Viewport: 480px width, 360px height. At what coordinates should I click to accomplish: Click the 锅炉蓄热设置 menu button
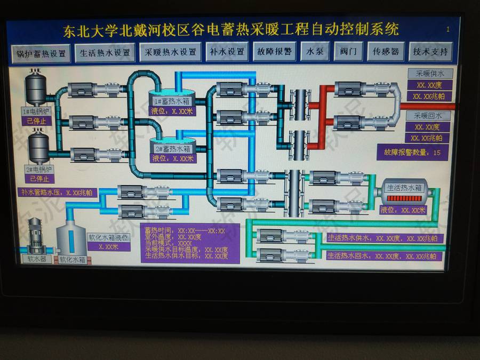pos(41,53)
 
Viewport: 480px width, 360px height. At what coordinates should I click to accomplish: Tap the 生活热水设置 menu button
pos(105,53)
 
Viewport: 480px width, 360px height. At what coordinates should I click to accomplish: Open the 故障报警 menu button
pos(274,52)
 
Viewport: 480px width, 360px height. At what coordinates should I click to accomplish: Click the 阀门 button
pos(348,52)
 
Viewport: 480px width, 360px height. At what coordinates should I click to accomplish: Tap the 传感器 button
pos(386,52)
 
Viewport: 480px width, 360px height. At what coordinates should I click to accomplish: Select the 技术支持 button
pos(430,52)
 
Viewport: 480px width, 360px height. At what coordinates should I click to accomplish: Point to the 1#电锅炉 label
pos(37,111)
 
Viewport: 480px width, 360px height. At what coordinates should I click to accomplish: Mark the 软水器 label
pos(37,259)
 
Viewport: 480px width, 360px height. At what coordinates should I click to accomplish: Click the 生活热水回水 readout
pos(385,256)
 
